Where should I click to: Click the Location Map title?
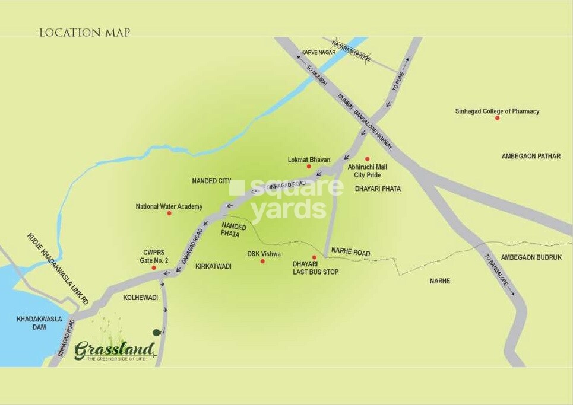[x=84, y=33]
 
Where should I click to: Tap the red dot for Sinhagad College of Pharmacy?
[x=497, y=118]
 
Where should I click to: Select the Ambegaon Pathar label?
[x=530, y=157]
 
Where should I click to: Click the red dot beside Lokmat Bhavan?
[x=309, y=167]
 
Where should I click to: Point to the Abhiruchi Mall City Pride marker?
[x=367, y=159]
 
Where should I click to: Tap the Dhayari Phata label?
[x=377, y=189]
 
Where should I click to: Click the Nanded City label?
[x=211, y=181]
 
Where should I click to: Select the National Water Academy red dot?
[x=169, y=213]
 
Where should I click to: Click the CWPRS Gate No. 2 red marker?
[x=154, y=268]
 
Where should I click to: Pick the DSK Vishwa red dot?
[x=262, y=261]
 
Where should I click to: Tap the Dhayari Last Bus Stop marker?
[x=314, y=257]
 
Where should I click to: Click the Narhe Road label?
[x=350, y=253]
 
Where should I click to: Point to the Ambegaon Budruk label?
[x=531, y=257]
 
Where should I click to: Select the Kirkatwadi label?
[x=213, y=267]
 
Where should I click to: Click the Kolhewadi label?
[x=140, y=298]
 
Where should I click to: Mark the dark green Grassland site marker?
[x=156, y=333]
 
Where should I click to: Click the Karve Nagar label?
[x=318, y=53]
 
